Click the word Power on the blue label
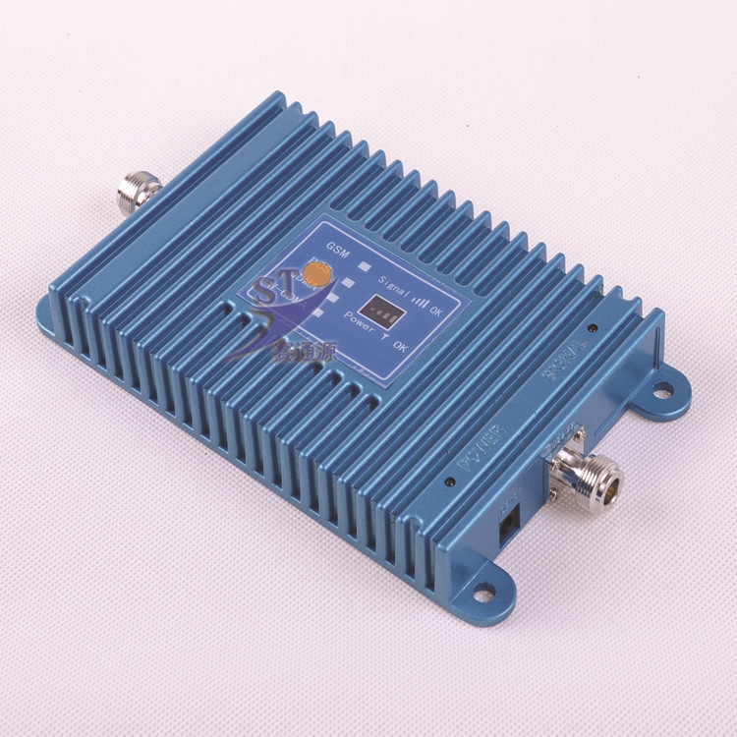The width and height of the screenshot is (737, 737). pos(359,321)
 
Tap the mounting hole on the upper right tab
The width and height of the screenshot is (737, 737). pos(664,390)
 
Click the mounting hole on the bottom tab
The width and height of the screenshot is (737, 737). pos(483,591)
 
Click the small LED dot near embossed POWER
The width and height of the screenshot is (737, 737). pos(449,482)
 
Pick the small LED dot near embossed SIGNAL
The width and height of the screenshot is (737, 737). pos(594,328)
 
